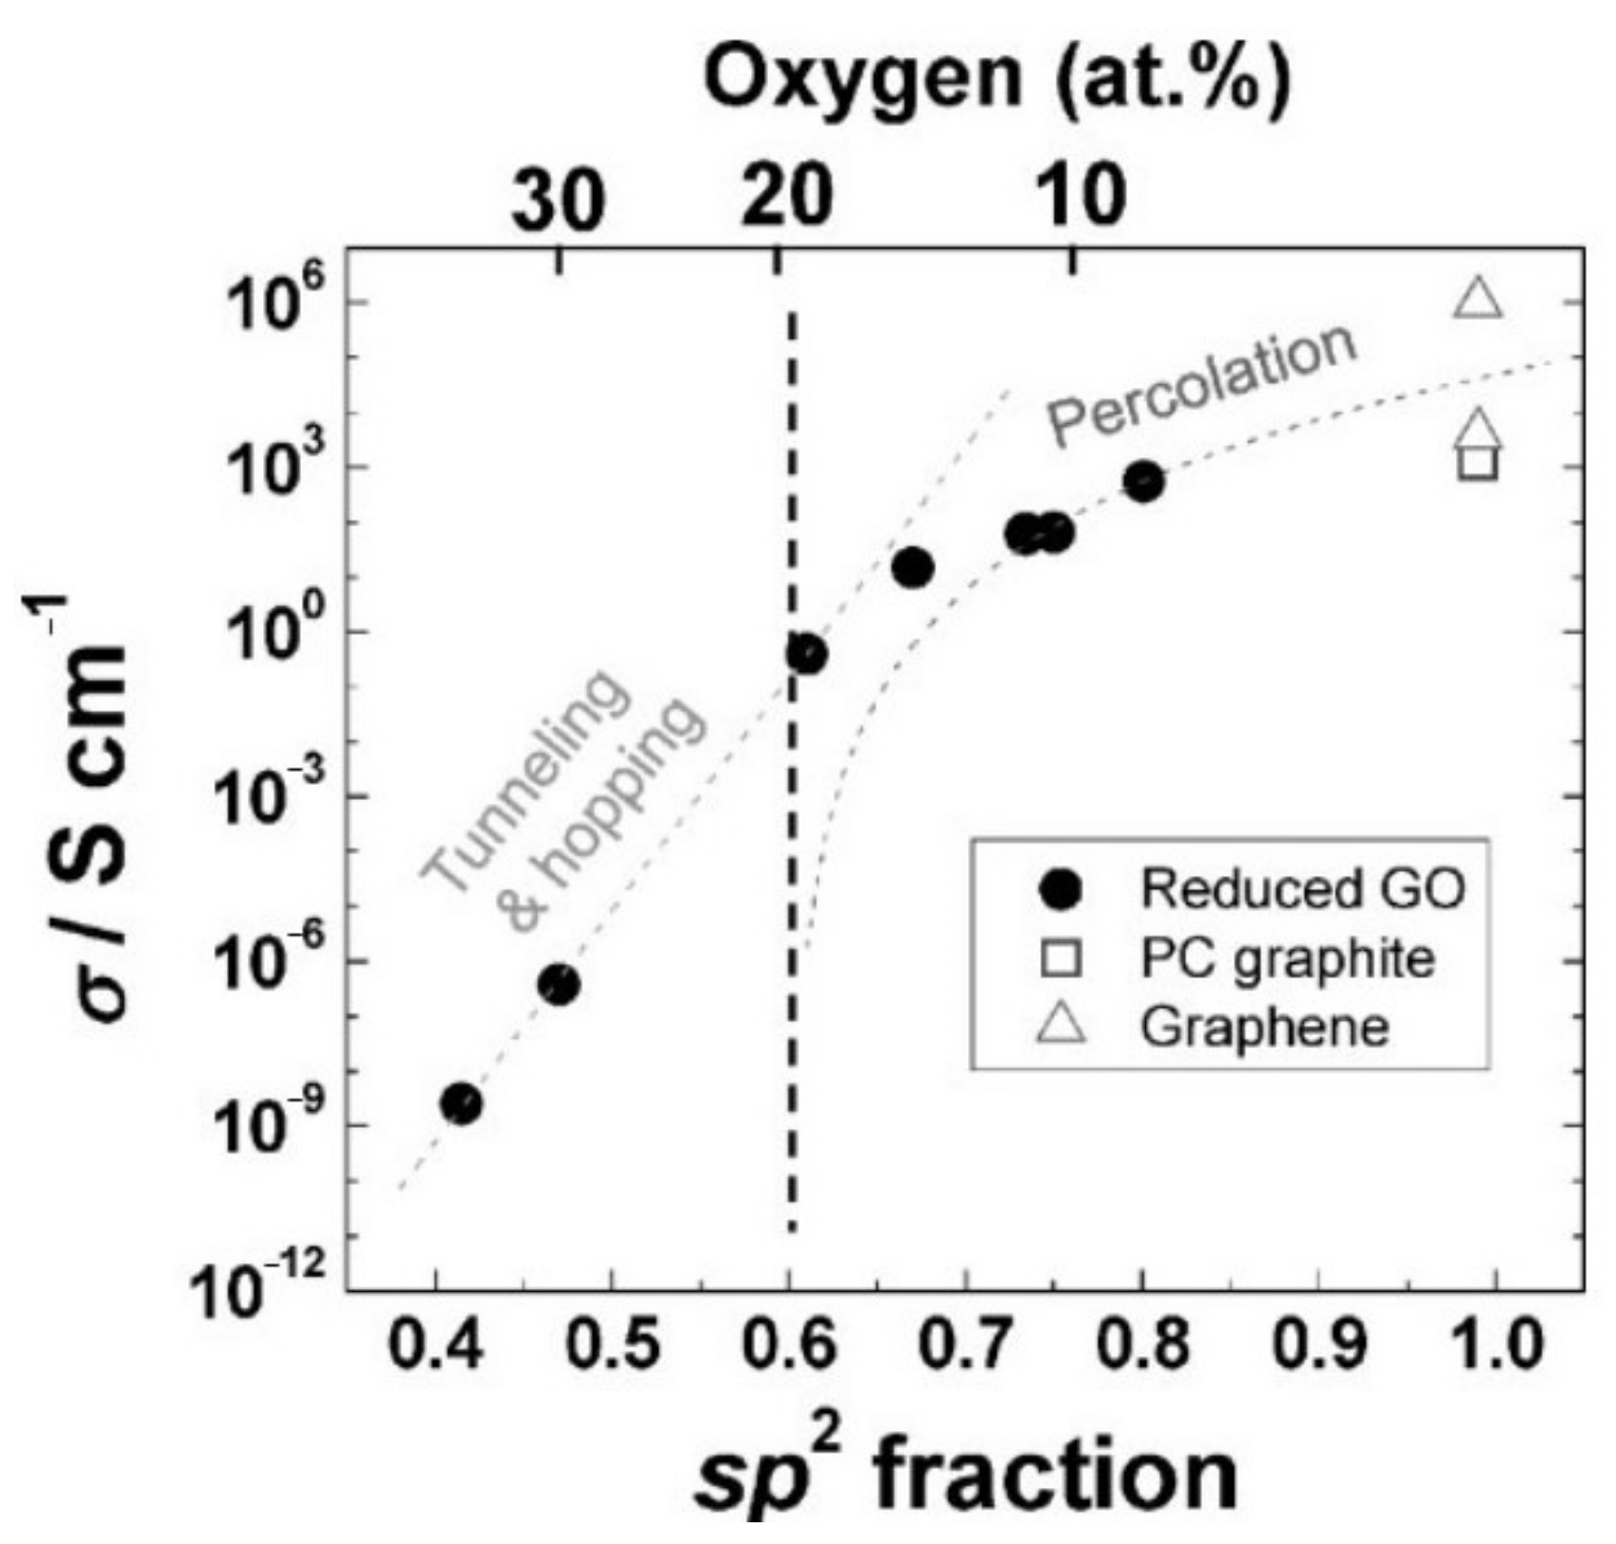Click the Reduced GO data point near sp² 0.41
point(461,1104)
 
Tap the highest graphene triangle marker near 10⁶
point(1479,299)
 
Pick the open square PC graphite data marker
point(1479,463)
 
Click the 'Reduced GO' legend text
point(1302,890)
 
